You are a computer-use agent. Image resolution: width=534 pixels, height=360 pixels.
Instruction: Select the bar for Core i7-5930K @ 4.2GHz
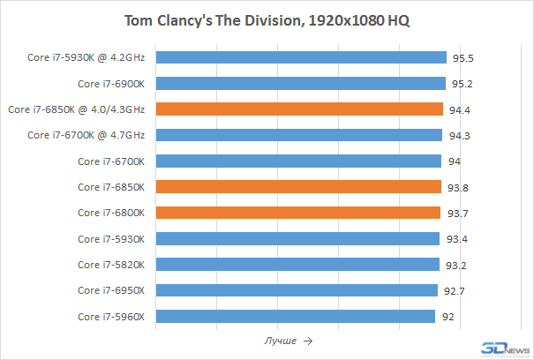tap(301, 57)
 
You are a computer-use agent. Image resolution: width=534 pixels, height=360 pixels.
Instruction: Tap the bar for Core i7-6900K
tap(300, 84)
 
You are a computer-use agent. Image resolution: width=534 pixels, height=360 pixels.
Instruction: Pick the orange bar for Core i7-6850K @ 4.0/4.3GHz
tap(299, 109)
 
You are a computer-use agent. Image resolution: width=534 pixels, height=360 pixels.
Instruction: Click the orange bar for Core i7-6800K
tap(298, 213)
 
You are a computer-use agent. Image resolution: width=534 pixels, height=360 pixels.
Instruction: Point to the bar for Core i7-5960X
tap(295, 316)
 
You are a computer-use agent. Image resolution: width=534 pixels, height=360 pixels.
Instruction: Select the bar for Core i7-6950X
tap(297, 290)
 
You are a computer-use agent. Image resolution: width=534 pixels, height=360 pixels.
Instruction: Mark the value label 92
tap(448, 316)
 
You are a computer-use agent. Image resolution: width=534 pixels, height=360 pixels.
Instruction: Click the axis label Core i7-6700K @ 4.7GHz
tap(86, 135)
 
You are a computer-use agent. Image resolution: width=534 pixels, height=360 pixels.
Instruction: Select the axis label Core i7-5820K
tap(111, 265)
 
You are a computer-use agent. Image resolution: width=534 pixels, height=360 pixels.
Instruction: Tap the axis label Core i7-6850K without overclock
tap(111, 187)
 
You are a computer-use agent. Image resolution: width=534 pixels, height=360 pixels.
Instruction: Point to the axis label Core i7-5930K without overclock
tap(111, 239)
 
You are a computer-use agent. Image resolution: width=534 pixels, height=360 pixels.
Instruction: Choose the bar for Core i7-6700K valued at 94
tap(298, 161)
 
